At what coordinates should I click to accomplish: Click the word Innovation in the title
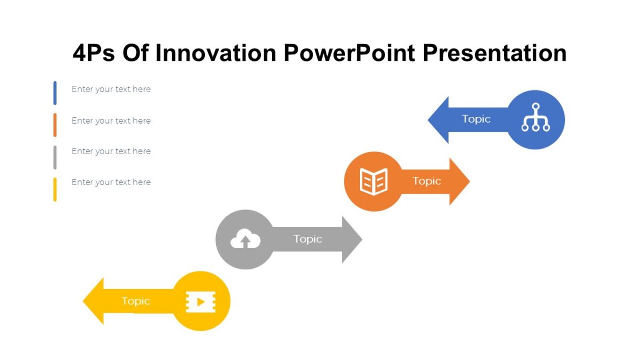[x=215, y=53]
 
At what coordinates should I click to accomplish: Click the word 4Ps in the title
[x=93, y=53]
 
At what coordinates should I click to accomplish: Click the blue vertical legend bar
[x=55, y=93]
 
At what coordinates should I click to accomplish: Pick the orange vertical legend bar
[x=55, y=125]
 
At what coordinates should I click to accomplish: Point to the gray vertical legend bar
[x=55, y=157]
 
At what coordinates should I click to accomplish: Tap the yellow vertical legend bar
[x=55, y=189]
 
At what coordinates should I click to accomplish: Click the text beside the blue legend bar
[x=111, y=90]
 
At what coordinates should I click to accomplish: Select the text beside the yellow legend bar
[x=111, y=182]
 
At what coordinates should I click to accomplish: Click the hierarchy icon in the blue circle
[x=535, y=118]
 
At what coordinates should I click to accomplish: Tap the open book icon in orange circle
[x=373, y=181]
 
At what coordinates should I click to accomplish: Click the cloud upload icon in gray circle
[x=245, y=241]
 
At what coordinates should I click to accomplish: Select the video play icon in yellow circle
[x=201, y=302]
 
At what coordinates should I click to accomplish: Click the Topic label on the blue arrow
[x=476, y=119]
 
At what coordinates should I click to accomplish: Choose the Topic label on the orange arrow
[x=427, y=181]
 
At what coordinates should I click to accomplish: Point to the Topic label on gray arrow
[x=308, y=239]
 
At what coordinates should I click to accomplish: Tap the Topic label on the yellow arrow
[x=135, y=301]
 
